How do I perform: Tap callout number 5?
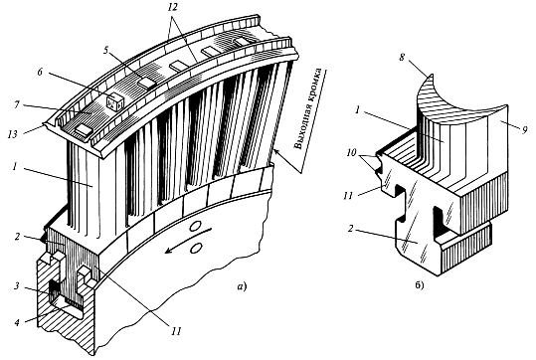(x=106, y=51)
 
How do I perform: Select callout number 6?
(x=41, y=73)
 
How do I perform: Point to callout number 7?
(x=17, y=104)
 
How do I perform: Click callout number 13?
(x=13, y=135)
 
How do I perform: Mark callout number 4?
(x=17, y=321)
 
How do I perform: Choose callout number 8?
(x=402, y=58)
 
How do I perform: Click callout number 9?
(x=526, y=129)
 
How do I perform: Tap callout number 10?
(x=351, y=153)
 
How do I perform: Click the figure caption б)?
(x=419, y=284)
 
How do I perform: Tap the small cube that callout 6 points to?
(x=113, y=101)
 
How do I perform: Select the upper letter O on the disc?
(x=196, y=226)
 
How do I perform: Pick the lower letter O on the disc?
(x=195, y=249)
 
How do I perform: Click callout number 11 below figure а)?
(x=176, y=330)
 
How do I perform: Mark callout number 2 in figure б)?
(x=350, y=228)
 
